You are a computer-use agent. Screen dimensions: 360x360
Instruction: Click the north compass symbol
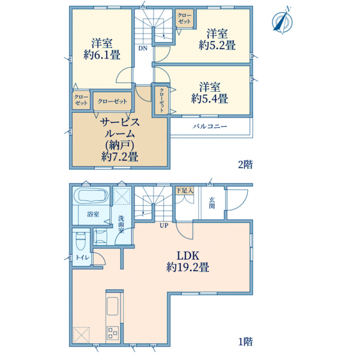282,21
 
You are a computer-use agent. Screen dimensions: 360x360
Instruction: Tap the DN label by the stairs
143,48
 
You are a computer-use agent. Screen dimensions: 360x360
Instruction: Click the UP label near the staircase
164,226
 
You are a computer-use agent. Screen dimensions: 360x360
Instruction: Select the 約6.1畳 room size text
102,55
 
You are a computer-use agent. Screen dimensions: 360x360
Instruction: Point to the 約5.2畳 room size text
217,45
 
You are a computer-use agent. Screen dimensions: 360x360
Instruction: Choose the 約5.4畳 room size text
209,98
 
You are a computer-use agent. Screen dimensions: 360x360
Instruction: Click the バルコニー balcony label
210,126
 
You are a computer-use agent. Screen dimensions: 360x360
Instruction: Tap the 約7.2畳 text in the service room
119,157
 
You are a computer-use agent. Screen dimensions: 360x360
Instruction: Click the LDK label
188,256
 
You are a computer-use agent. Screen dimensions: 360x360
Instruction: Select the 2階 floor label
245,164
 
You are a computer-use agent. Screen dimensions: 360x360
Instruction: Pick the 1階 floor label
245,341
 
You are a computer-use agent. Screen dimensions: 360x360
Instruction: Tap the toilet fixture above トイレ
80,241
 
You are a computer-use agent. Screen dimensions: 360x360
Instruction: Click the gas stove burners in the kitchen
113,332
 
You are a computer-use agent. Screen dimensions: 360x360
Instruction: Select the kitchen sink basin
113,306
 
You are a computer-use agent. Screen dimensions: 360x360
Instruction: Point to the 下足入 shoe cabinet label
185,190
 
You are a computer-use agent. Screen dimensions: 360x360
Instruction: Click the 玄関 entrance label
212,203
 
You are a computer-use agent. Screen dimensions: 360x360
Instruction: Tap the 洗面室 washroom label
121,224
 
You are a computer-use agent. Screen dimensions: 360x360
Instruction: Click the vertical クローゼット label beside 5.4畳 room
161,100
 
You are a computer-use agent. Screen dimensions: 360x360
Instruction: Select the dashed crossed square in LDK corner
81,335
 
